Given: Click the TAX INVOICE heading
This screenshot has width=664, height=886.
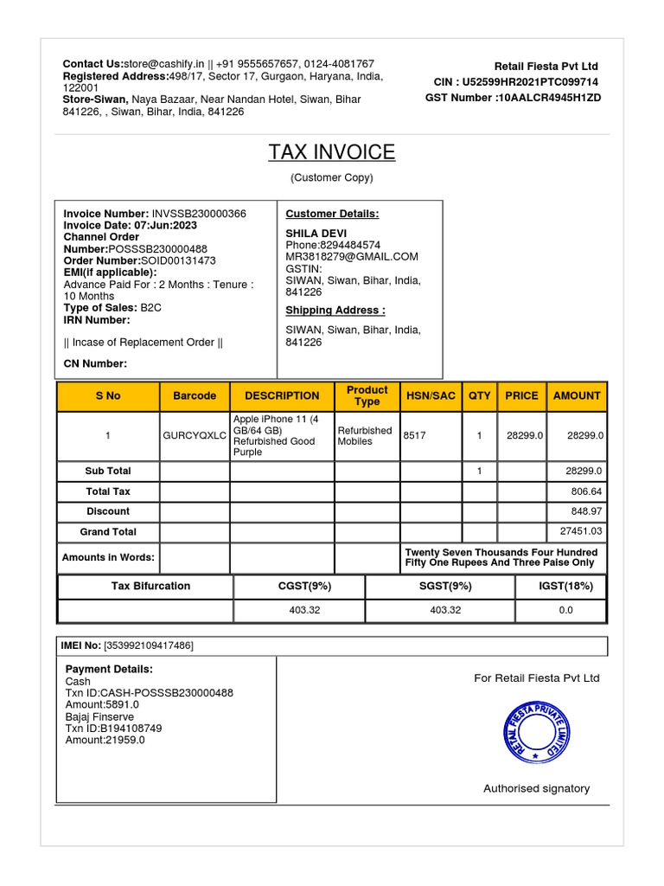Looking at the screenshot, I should click(x=331, y=153).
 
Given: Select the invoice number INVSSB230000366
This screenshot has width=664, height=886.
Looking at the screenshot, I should click(x=199, y=214).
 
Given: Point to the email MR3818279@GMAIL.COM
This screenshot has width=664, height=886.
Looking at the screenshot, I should click(x=352, y=257).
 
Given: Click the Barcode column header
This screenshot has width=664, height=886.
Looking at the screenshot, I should click(x=195, y=395).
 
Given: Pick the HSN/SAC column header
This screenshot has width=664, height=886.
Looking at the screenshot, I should click(x=431, y=395).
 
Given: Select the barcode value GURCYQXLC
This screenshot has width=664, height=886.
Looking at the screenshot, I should click(x=195, y=436).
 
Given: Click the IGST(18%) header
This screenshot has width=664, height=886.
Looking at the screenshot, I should click(x=565, y=587).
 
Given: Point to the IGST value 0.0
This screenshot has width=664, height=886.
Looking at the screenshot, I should click(x=565, y=610).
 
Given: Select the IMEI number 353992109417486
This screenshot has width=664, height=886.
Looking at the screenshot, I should click(x=149, y=646).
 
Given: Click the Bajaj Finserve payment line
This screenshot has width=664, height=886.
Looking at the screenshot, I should click(x=99, y=717).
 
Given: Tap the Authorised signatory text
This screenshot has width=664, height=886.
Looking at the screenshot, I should click(x=536, y=788).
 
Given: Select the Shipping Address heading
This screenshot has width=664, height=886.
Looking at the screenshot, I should click(x=335, y=311).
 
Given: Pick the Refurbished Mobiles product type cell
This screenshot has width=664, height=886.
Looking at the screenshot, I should click(x=365, y=436).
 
